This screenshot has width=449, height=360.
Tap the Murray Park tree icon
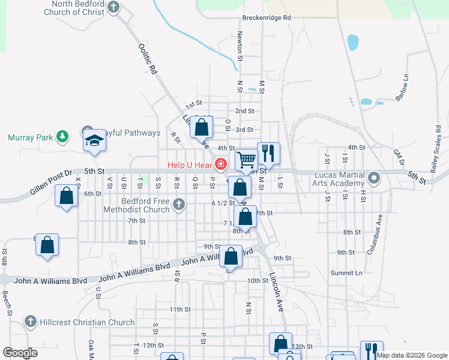(x=62, y=137)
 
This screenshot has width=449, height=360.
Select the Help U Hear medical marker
(x=221, y=164)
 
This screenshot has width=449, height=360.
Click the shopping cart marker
(x=247, y=160)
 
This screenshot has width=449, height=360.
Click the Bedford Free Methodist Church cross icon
(x=178, y=205)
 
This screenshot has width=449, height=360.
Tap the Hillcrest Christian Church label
(x=87, y=322)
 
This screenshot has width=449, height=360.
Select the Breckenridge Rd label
(x=267, y=18)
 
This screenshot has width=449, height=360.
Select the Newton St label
(x=240, y=47)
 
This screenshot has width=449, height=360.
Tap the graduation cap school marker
(x=94, y=140)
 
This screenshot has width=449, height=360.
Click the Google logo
(x=20, y=353)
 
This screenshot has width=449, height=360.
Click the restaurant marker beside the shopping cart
(x=268, y=153)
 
